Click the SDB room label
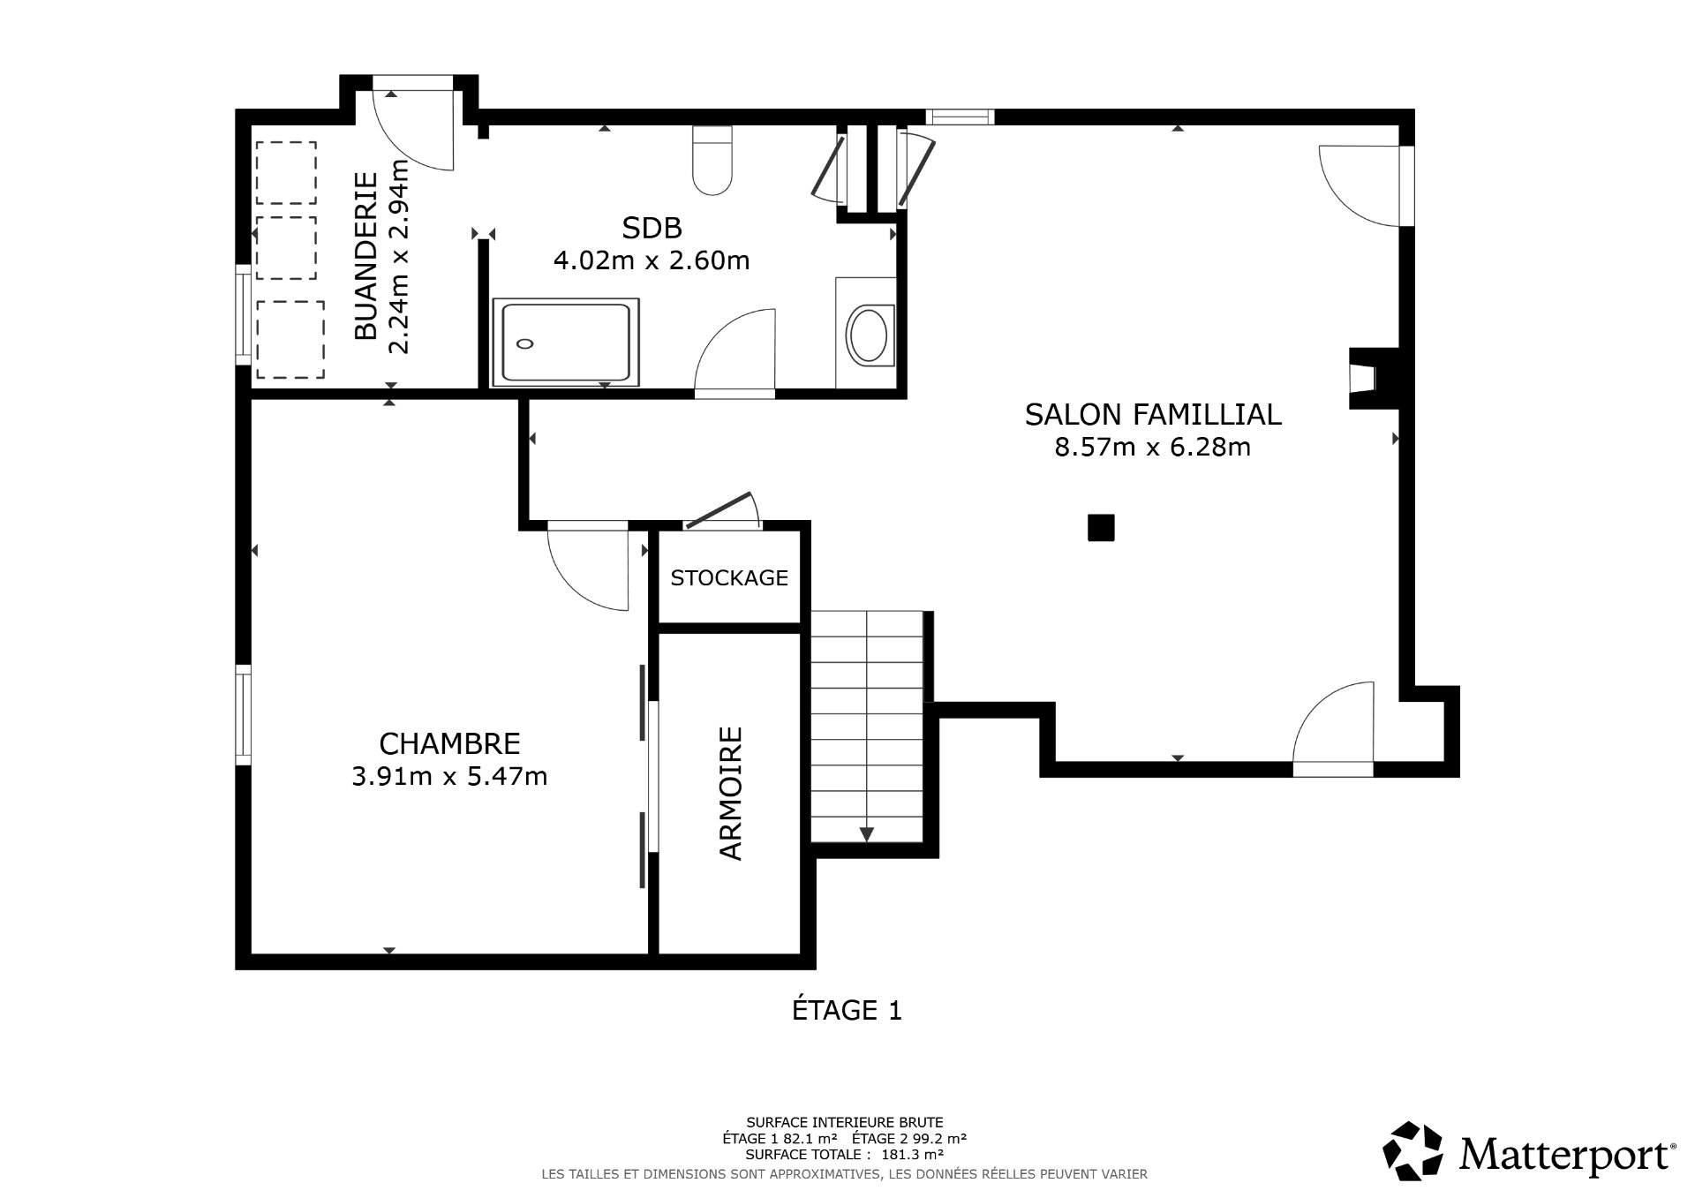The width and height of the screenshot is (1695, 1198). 652,229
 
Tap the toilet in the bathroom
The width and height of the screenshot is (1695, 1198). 712,161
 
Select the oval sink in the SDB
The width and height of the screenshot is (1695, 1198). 870,335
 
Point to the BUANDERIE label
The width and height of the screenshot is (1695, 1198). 365,256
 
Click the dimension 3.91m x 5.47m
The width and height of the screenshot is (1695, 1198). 449,777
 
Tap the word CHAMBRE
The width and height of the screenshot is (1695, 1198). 449,743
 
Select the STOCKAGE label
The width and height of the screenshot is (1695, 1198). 728,578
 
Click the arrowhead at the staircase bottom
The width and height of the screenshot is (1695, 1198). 867,833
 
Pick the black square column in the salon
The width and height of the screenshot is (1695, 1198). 1101,528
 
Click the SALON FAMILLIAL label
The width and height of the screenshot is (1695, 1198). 1152,414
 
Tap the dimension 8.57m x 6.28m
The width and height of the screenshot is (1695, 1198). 1152,448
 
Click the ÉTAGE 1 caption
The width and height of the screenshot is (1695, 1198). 847,1010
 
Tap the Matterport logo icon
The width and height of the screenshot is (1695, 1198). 1412,1150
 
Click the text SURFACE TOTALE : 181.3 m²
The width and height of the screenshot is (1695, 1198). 844,1154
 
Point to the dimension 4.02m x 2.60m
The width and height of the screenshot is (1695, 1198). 652,261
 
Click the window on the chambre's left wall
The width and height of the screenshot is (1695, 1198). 243,714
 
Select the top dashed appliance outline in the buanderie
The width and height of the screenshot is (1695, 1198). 286,173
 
